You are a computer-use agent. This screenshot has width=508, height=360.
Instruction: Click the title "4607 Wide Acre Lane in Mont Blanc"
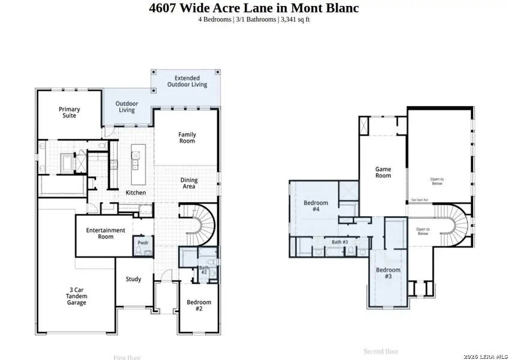tap(254, 8)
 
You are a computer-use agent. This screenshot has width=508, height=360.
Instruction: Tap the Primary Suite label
tap(70, 112)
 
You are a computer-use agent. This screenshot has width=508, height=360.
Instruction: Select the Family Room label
tap(187, 137)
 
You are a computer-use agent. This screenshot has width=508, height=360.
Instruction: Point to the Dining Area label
tap(189, 183)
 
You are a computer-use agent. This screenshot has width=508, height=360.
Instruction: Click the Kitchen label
tap(136, 193)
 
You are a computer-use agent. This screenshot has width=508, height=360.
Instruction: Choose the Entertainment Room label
tap(106, 233)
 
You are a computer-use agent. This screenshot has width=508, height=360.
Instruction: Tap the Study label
tap(133, 279)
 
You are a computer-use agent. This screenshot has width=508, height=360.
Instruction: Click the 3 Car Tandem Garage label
tap(77, 296)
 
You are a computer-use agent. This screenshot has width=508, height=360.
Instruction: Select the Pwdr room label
tap(143, 242)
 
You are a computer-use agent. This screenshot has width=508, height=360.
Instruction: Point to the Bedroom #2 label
tap(199, 305)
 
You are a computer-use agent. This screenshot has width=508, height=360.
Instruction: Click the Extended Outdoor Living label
tap(191, 82)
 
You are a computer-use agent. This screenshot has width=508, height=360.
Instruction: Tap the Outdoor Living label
tap(127, 107)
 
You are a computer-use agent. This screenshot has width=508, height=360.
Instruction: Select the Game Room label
tap(383, 172)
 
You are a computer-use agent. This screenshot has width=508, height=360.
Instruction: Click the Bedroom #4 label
tap(315, 206)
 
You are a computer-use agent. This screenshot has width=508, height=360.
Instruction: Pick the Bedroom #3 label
tap(387, 273)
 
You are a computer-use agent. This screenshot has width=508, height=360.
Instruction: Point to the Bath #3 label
tap(340, 242)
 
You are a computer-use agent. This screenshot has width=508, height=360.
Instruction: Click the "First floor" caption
tap(127, 358)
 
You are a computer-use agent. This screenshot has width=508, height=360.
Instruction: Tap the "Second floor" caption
tap(381, 351)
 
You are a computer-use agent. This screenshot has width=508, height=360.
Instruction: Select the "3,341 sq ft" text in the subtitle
tap(294, 19)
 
